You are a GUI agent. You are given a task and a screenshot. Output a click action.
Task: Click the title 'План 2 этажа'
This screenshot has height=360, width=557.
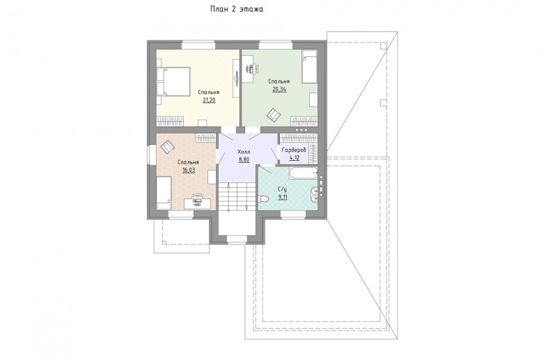pyautogui.click(x=237, y=10)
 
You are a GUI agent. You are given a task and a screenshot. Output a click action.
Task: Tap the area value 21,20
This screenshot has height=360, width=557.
pyautogui.click(x=209, y=100)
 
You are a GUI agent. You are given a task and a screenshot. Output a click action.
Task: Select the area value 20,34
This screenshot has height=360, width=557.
pyautogui.click(x=279, y=89)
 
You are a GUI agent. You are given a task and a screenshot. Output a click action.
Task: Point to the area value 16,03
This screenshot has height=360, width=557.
pyautogui.click(x=189, y=170)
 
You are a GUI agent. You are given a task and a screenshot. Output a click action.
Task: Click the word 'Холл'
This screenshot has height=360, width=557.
pyautogui.click(x=244, y=152)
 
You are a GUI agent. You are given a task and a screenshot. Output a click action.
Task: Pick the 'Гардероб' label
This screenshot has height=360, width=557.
pyautogui.click(x=294, y=150)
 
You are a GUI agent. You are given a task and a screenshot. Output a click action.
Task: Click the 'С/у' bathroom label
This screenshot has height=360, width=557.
pyautogui.click(x=283, y=189)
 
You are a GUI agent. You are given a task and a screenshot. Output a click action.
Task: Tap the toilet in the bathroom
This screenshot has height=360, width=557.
pyautogui.click(x=263, y=198)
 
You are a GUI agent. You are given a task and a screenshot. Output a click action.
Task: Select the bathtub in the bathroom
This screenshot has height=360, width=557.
pyautogui.click(x=304, y=173)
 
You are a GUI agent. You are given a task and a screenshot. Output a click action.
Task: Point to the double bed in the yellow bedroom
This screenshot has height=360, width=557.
pyautogui.click(x=173, y=81)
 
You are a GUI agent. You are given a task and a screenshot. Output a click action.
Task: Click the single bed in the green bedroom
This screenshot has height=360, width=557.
pyautogui.click(x=309, y=67)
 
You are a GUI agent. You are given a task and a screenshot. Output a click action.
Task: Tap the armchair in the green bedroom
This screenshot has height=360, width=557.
pyautogui.click(x=274, y=114)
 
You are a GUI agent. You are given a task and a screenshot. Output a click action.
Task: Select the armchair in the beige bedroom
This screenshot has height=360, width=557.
pyautogui.click(x=168, y=146)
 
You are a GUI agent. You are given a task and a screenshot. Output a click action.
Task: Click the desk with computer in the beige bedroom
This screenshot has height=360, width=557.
pyautogui.click(x=197, y=202)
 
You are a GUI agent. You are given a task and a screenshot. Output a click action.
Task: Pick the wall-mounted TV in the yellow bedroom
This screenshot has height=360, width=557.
pyautogui.click(x=236, y=77)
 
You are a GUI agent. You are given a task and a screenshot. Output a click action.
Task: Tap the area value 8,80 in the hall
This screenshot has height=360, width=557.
pyautogui.click(x=244, y=160)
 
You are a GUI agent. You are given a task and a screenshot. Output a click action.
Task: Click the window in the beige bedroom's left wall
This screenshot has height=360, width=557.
pyautogui.click(x=150, y=156)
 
